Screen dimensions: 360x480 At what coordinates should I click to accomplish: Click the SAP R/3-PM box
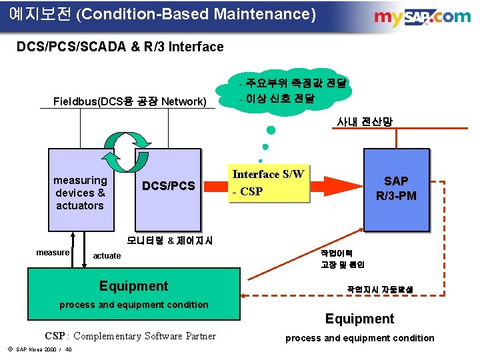pos(396,188)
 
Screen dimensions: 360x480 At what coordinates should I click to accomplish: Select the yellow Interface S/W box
pos(268,183)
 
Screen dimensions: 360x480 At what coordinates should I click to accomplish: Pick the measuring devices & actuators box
pos(80,193)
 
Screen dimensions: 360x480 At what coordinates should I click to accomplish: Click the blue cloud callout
pos(293,91)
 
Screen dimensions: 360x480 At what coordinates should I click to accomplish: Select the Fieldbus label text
pos(129,101)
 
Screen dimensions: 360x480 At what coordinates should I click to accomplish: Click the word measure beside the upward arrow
pos(53,252)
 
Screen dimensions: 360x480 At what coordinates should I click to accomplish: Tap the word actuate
pos(107,255)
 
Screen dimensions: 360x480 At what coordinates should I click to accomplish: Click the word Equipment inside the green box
pos(133,286)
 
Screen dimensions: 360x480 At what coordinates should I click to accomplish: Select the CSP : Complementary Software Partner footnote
pos(130,336)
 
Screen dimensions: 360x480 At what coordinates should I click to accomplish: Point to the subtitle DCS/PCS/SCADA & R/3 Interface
pos(120,47)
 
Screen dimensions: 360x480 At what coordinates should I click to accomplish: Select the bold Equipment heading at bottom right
pos(359,319)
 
